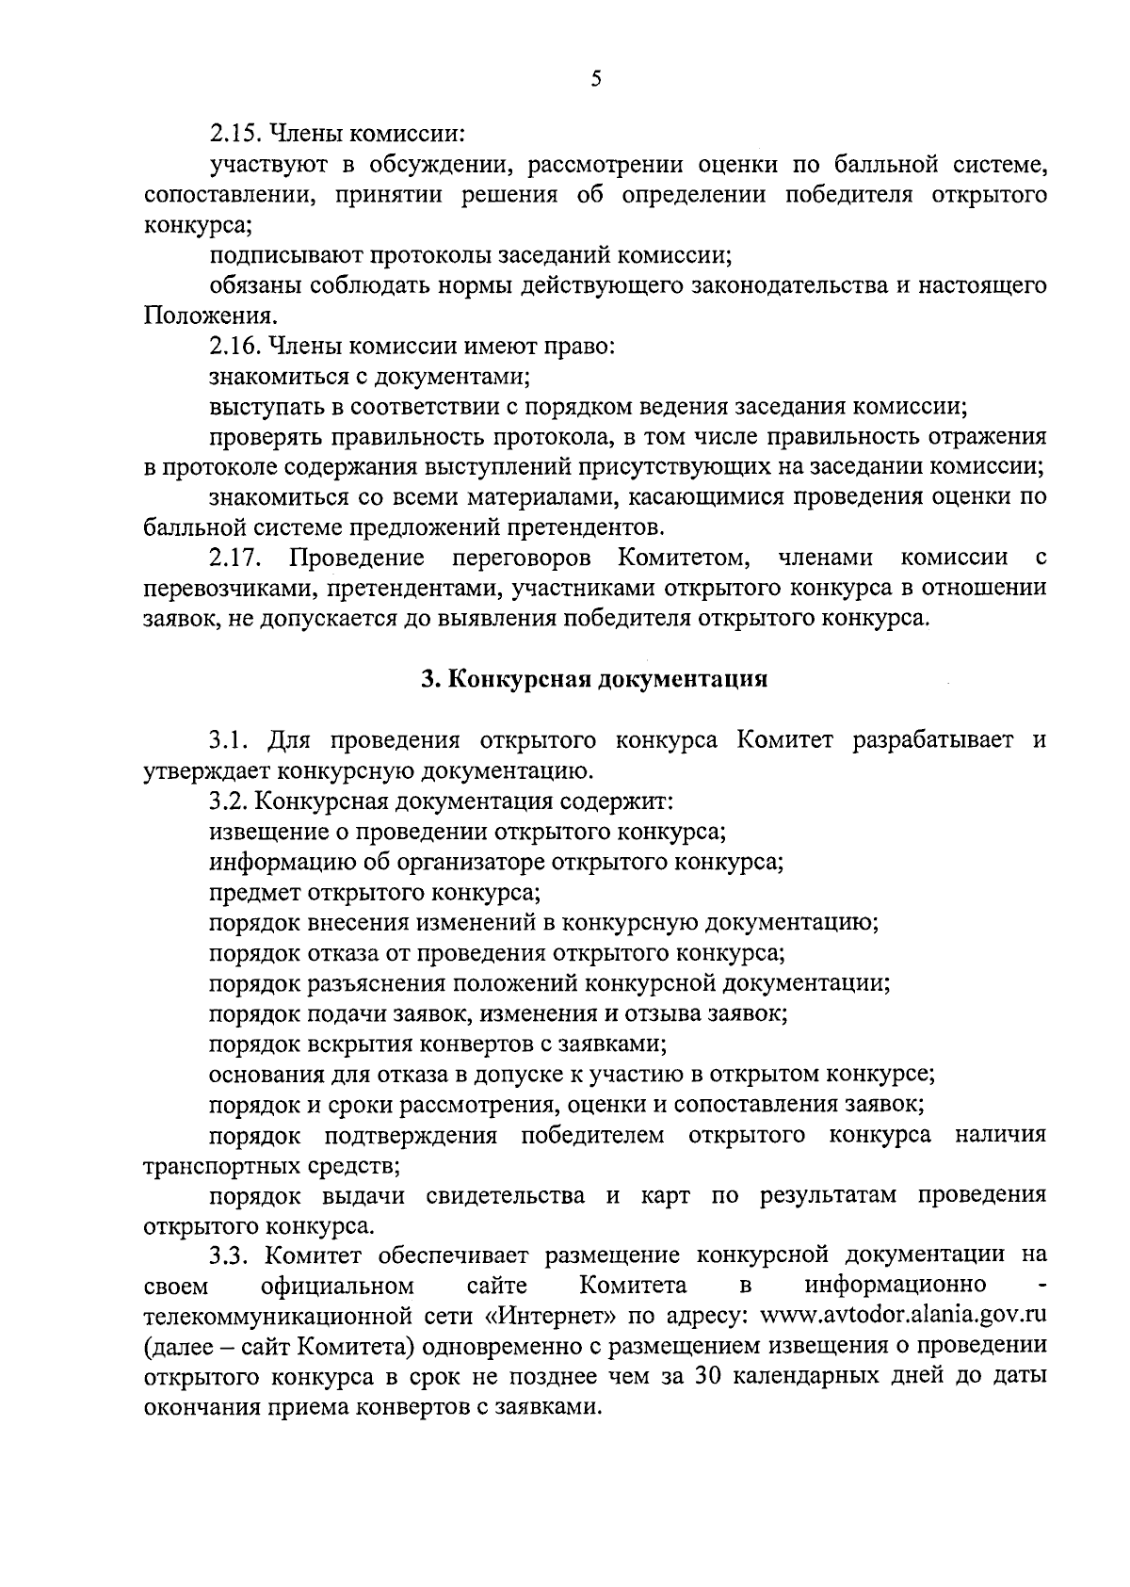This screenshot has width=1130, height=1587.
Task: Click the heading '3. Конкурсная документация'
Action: (594, 679)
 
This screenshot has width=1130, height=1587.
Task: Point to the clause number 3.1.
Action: (228, 739)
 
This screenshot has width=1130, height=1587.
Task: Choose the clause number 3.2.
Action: (228, 801)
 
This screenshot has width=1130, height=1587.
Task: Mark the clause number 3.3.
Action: (228, 1255)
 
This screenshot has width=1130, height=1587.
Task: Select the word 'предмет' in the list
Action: (248, 892)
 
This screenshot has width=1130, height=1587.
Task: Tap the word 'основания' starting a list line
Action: (266, 1074)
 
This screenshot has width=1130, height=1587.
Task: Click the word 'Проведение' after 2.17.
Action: (356, 558)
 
